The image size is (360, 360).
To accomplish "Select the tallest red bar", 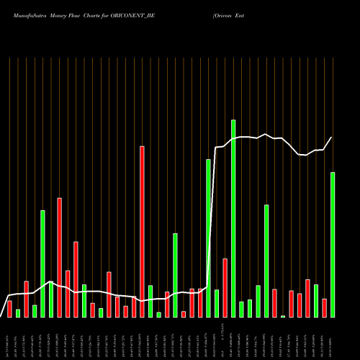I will (x=142, y=231).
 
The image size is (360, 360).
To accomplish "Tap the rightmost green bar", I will (x=333, y=244).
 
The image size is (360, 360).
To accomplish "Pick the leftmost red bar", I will (x=9, y=309).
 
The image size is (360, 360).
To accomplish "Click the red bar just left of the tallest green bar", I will (x=225, y=287).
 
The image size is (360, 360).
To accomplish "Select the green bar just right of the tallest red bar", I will (x=150, y=301).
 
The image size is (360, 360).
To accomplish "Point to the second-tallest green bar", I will (x=208, y=238).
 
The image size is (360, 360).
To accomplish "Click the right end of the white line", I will (x=332, y=138).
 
